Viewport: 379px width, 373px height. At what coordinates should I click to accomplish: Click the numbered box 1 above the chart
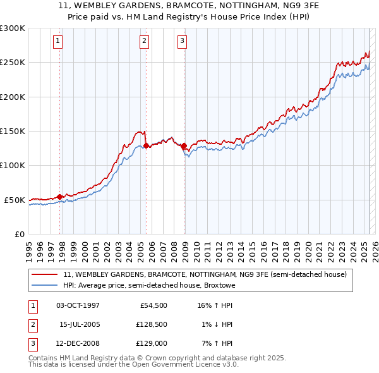coord(57,41)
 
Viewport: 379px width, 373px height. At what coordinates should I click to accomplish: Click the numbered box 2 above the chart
coord(145,41)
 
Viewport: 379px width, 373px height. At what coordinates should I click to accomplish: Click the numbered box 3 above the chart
coord(182,41)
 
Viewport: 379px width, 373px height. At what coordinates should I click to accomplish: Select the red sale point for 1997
coord(60,197)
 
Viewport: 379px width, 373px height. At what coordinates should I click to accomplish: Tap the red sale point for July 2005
coord(146,145)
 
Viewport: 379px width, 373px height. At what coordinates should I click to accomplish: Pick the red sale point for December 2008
coord(184,145)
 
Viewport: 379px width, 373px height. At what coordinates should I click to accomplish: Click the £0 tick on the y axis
coord(19,234)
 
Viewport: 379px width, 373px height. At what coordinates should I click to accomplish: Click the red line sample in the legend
coord(44,275)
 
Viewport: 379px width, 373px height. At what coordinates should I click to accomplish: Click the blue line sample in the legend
coord(44,286)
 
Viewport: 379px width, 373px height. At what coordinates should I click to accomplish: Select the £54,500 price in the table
coord(153,305)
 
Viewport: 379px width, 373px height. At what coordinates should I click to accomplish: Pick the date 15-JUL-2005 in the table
coord(80,324)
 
